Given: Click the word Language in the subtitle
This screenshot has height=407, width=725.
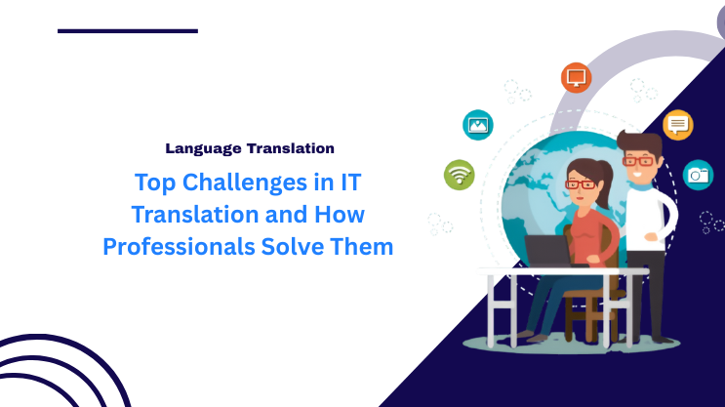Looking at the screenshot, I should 203,149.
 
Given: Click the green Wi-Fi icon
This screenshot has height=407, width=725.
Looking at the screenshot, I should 459,175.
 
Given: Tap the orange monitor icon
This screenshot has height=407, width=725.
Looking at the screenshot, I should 577,77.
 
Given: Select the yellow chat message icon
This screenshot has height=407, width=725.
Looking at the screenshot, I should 677,125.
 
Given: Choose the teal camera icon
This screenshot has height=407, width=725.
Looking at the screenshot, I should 698,175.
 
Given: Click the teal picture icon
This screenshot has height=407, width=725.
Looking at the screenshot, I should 478,125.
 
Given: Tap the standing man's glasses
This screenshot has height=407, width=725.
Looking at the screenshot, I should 640,160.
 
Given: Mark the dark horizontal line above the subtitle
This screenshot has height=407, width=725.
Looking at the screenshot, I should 128,31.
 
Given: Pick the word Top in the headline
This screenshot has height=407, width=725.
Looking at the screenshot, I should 151,182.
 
